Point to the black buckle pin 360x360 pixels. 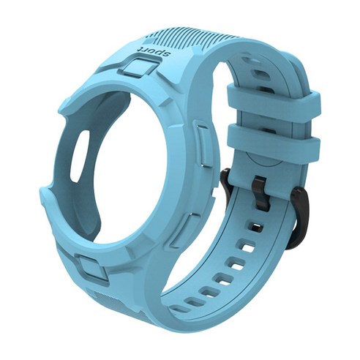[x=260, y=192]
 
